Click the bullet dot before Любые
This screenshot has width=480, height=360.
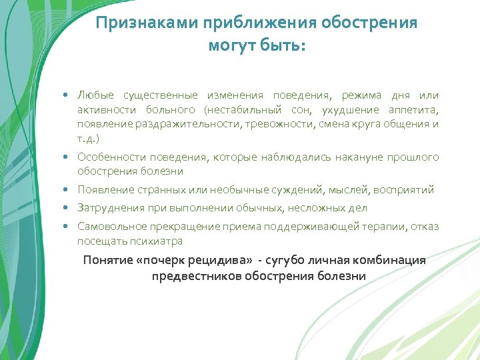click(69, 96)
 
